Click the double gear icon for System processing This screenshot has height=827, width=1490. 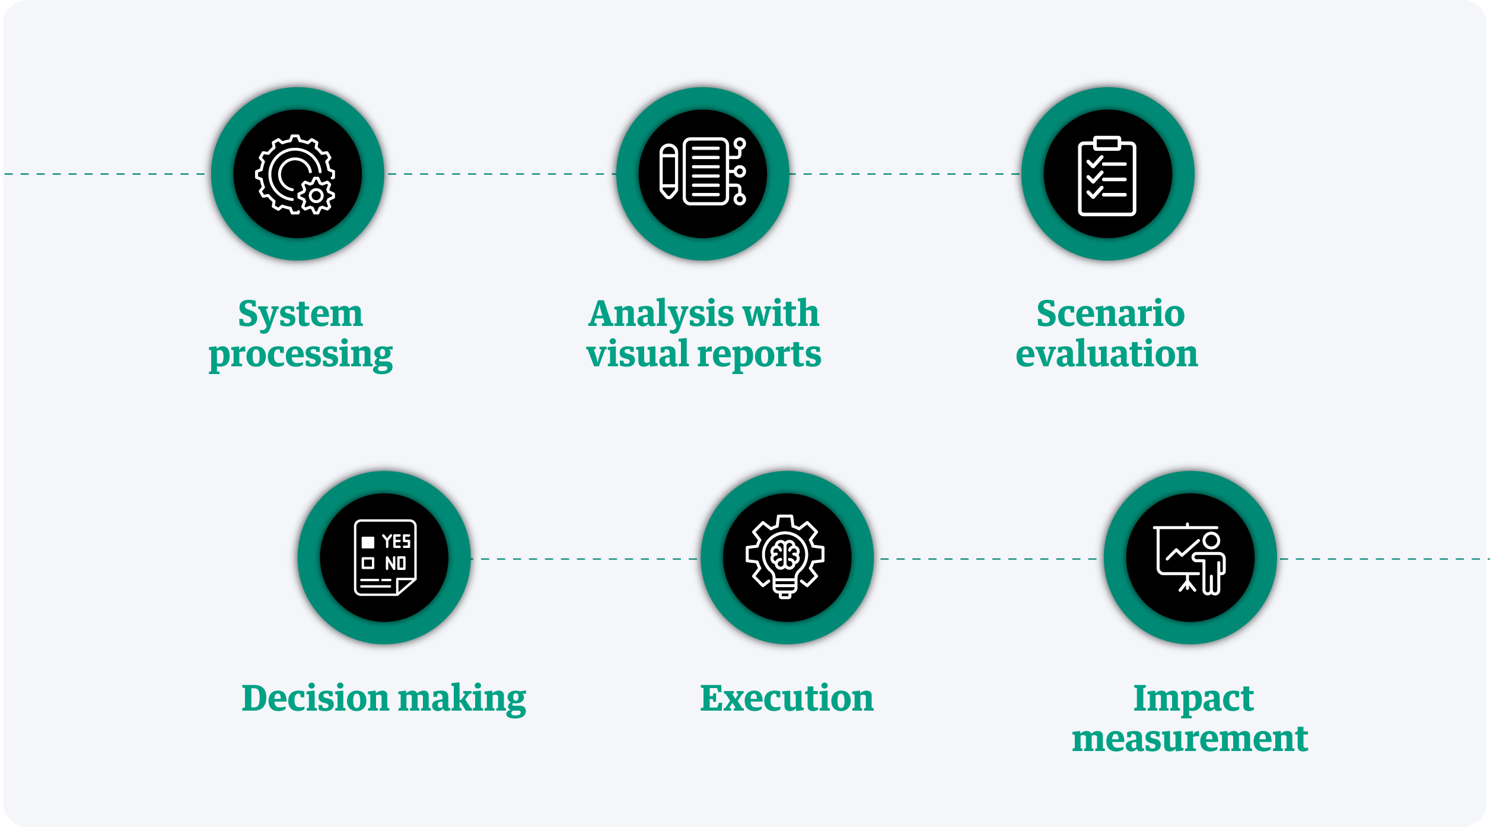[x=295, y=173]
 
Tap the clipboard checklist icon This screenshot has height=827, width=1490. [x=1107, y=176]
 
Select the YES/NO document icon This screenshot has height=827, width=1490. [x=385, y=557]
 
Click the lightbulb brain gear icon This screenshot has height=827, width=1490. [x=785, y=557]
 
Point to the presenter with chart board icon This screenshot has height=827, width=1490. [x=1189, y=558]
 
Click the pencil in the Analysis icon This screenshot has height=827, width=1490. [x=668, y=171]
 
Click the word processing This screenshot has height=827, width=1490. [x=300, y=355]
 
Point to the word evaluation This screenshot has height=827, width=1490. [x=1107, y=354]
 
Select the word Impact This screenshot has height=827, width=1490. [x=1193, y=699]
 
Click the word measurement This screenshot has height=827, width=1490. [x=1190, y=739]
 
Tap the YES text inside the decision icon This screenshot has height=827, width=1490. [x=396, y=541]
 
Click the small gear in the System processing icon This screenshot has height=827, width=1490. [x=317, y=195]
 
